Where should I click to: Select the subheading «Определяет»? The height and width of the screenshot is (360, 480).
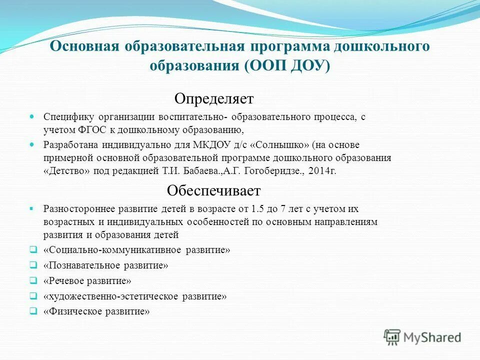click(214, 98)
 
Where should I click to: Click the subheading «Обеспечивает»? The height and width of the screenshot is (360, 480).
click(214, 191)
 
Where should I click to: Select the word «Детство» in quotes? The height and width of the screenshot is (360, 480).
click(62, 170)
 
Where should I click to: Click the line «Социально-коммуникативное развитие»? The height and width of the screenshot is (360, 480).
click(137, 249)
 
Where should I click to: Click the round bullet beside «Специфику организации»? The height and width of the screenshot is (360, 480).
click(33, 116)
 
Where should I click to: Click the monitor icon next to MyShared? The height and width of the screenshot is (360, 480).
click(392, 337)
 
